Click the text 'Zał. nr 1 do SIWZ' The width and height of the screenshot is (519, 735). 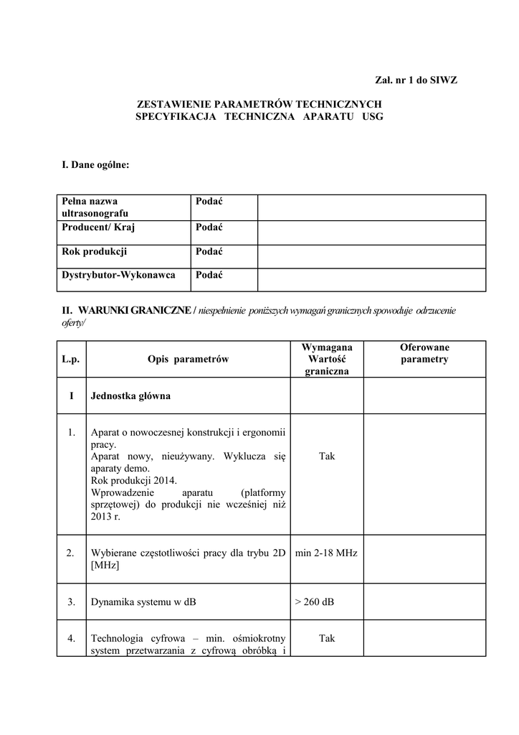coord(416,80)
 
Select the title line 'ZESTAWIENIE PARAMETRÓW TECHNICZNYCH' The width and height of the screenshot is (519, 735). coord(259,104)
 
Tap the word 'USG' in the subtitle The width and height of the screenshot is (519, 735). coord(373,116)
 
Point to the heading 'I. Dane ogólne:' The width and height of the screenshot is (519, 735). coord(95,165)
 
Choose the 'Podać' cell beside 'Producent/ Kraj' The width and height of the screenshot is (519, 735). coord(209,228)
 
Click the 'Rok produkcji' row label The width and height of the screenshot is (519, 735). coord(95,251)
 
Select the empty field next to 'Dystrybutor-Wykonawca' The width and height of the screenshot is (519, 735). coord(371,279)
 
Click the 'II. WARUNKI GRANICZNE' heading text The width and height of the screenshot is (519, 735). coord(127,310)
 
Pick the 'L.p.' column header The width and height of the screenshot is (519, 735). coord(71,359)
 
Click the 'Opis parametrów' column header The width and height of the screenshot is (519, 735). coord(188,359)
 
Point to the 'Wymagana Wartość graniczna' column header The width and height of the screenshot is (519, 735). coord(326,359)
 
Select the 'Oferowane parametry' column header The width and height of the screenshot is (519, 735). coord(424,353)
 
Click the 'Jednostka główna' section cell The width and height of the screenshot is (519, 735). coord(130,395)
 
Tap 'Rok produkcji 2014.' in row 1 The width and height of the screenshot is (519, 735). coord(133,480)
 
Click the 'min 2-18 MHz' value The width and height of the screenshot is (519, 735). coord(326,553)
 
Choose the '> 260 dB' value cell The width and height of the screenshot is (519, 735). coord(314,601)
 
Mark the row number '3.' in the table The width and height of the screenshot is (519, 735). coord(71,601)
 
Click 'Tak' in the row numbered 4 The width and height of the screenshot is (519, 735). coord(327,637)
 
